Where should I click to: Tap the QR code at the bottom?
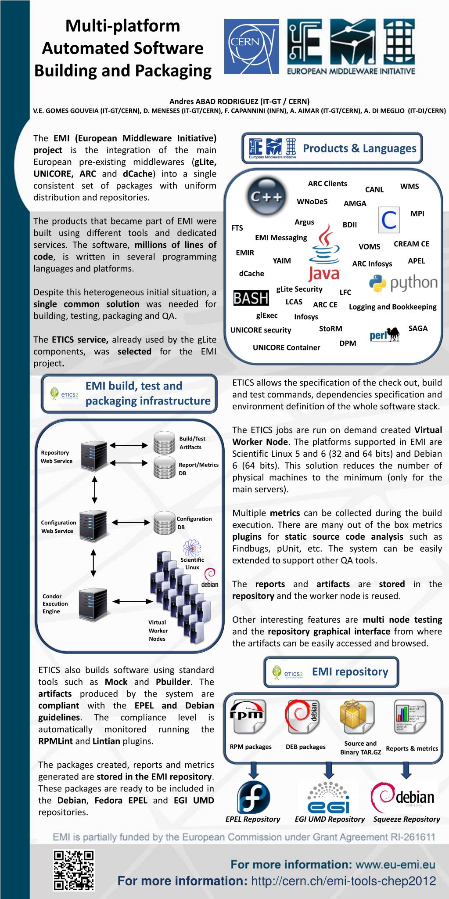click(74, 870)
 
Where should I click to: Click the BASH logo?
click(251, 298)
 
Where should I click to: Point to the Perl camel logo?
click(384, 335)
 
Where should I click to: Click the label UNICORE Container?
click(286, 347)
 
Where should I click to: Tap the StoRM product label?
click(330, 329)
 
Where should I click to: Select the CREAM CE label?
click(411, 244)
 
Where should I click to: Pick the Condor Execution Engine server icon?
click(93, 604)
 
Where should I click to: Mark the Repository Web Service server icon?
click(94, 455)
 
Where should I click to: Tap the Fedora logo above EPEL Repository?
click(253, 798)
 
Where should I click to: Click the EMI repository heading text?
click(350, 672)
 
